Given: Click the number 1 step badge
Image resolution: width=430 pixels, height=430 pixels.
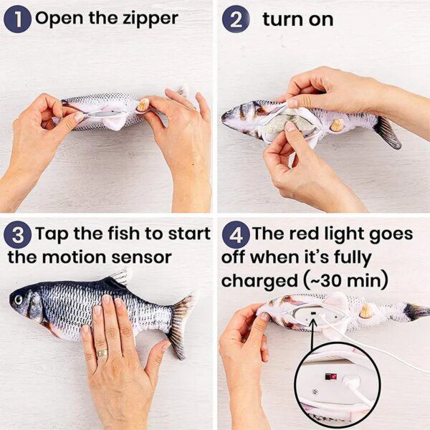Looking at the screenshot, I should (18, 19).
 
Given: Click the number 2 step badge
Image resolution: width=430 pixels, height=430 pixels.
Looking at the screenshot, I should (236, 19).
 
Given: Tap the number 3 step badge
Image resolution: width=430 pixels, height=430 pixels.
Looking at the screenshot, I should (18, 234).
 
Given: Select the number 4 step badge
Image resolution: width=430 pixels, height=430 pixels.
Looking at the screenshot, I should (236, 234).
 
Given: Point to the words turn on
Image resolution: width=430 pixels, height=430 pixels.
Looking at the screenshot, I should (297, 19).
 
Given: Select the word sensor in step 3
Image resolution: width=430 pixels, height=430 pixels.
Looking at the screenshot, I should (147, 257).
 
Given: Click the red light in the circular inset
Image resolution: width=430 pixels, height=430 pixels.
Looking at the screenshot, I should (330, 376).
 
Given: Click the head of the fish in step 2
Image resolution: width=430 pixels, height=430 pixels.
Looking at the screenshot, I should (236, 115).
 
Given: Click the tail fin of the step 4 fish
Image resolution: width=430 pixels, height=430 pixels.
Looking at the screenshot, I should (416, 312).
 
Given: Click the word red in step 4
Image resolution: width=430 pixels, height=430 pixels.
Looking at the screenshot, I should (314, 234).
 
